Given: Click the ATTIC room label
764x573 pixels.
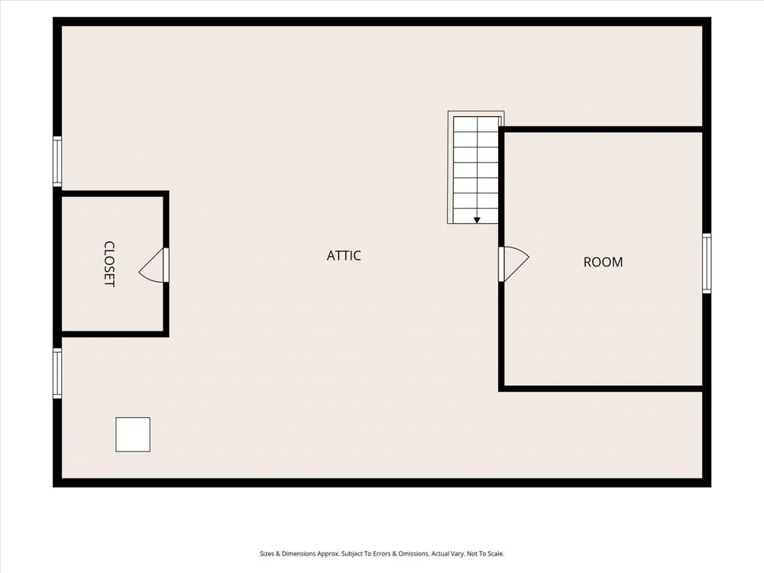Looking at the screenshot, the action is [344, 255].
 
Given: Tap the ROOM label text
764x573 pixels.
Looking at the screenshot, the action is [604, 262].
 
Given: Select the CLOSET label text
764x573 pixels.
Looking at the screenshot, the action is [109, 264].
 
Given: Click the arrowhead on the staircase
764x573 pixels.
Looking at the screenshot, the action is [477, 220].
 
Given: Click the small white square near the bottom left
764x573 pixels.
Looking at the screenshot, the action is [132, 434].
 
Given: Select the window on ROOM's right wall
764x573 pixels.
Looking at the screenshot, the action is [707, 263].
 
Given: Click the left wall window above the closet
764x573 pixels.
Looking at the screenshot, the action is [57, 161].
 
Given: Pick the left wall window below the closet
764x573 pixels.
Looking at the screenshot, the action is [57, 374].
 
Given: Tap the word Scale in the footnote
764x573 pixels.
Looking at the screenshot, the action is [495, 554].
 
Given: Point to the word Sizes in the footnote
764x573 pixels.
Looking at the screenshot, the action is [267, 554].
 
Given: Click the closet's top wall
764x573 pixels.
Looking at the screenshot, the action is [115, 193].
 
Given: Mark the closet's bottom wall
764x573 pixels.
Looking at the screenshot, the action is [115, 334].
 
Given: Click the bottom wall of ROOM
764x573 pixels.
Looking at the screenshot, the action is [601, 388].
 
